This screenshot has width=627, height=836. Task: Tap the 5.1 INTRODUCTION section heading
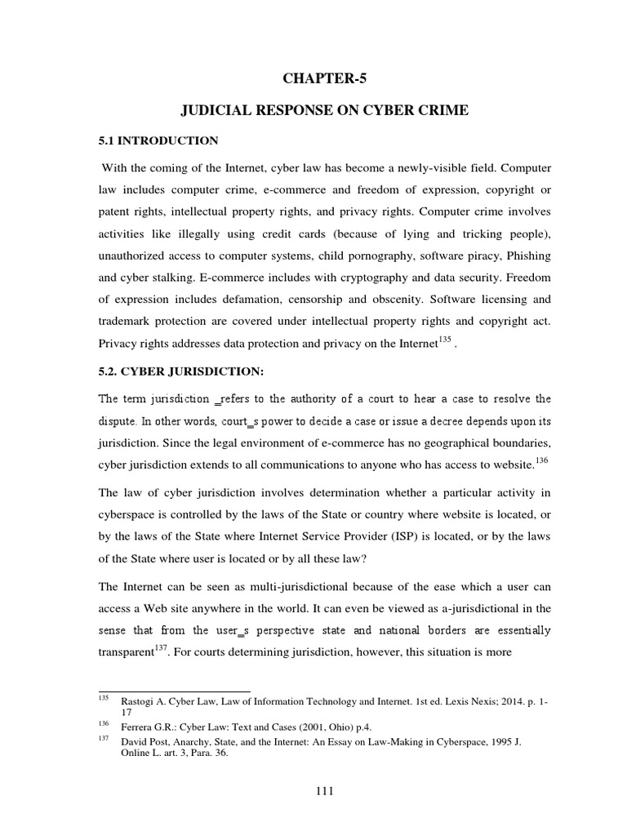158,140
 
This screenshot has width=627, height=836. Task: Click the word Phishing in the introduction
528,256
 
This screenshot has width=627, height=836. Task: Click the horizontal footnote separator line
173,691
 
